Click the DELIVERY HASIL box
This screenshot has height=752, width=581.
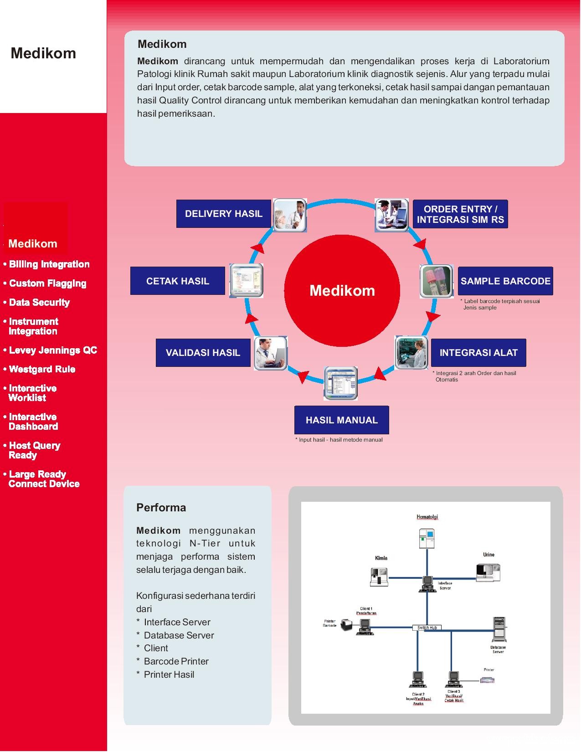[224, 214]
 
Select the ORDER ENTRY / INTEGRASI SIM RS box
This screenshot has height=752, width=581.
[460, 214]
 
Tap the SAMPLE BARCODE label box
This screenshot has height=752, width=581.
[505, 281]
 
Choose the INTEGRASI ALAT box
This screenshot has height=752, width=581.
[478, 353]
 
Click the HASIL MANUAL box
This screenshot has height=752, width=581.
[342, 420]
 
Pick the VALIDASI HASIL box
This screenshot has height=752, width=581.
[203, 353]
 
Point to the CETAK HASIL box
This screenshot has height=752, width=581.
[178, 281]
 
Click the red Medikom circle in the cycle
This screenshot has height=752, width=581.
[342, 290]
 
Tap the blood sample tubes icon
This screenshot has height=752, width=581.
[436, 281]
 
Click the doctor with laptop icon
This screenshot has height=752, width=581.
[271, 353]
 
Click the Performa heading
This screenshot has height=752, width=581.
[161, 508]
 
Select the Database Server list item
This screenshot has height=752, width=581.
[179, 635]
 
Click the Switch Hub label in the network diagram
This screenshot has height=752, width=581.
[427, 628]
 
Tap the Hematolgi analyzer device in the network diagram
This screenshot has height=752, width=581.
[427, 538]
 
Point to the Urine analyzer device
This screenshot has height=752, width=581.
[488, 572]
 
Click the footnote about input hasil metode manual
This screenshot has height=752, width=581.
[339, 440]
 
